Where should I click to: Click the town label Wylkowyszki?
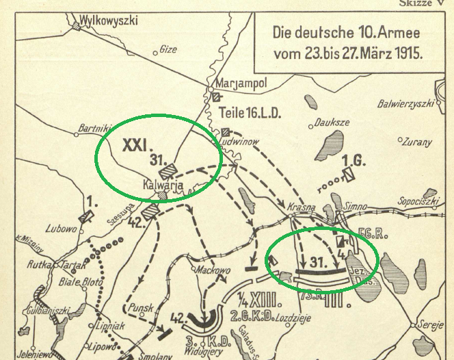coord(109,21)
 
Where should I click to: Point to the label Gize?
coord(168,49)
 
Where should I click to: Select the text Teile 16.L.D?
coord(250,112)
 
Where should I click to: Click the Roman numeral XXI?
coord(136,146)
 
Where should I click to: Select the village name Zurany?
coord(417,143)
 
